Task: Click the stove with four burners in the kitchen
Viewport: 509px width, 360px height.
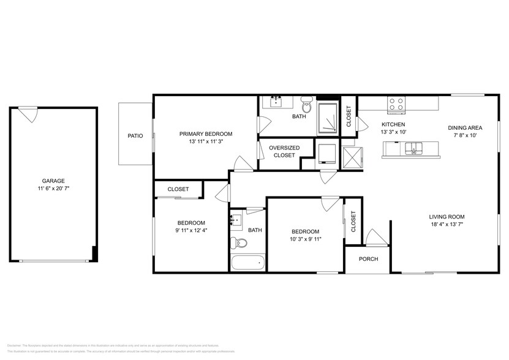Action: [x=396, y=105]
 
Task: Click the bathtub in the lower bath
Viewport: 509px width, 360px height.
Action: [x=248, y=264]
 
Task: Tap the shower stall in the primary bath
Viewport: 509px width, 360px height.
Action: [x=328, y=119]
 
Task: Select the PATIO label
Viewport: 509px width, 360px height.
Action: [x=135, y=136]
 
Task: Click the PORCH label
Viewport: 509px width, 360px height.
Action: [x=368, y=259]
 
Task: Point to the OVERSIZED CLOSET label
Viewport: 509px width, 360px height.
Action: [x=284, y=151]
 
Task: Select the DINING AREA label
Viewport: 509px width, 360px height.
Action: [x=465, y=128]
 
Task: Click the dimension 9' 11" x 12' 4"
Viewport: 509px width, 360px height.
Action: [x=191, y=231]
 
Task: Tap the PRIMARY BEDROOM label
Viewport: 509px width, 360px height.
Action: [x=205, y=133]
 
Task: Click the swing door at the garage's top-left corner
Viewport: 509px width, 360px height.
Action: [x=28, y=113]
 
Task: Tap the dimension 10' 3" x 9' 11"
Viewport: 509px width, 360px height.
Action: [x=306, y=239]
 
